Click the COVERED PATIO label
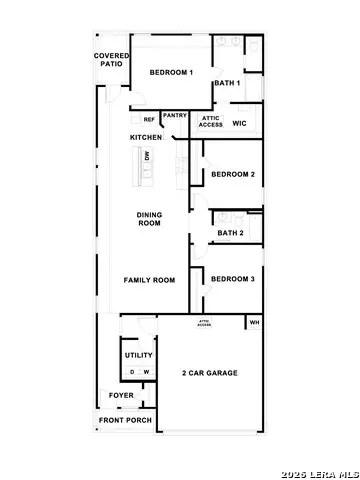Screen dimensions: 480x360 click(110, 60)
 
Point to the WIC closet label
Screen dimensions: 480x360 click(239, 123)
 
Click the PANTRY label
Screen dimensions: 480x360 click(175, 115)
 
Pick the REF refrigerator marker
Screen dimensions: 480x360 click(149, 120)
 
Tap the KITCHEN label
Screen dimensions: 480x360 click(145, 137)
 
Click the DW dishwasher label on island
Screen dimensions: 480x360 click(147, 157)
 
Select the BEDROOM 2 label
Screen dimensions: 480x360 click(233, 174)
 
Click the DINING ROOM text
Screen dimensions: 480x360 click(149, 219)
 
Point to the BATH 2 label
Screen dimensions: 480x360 click(231, 233)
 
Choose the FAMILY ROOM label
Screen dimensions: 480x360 click(149, 280)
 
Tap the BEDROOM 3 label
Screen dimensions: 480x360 click(233, 279)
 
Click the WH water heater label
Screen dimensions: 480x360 click(254, 322)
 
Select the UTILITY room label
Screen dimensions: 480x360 click(137, 355)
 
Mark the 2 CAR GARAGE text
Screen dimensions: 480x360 click(210, 373)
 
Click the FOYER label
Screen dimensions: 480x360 click(121, 395)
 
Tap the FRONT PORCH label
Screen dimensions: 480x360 click(125, 420)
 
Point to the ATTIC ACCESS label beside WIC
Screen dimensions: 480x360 click(211, 121)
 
